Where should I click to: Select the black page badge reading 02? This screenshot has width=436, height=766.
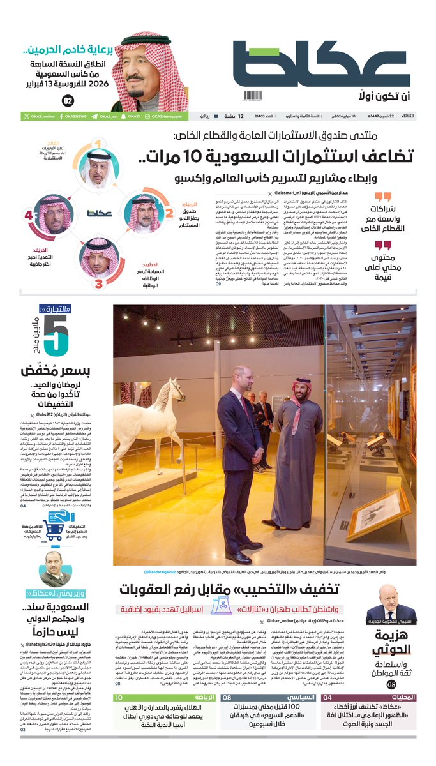click(x=68, y=101)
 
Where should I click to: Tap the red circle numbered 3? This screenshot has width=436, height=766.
click(x=98, y=280)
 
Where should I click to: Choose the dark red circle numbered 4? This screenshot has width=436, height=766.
click(x=29, y=216)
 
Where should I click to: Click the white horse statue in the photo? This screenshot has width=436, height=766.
click(x=147, y=415)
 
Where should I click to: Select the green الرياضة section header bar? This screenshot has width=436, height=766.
click(x=165, y=698)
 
